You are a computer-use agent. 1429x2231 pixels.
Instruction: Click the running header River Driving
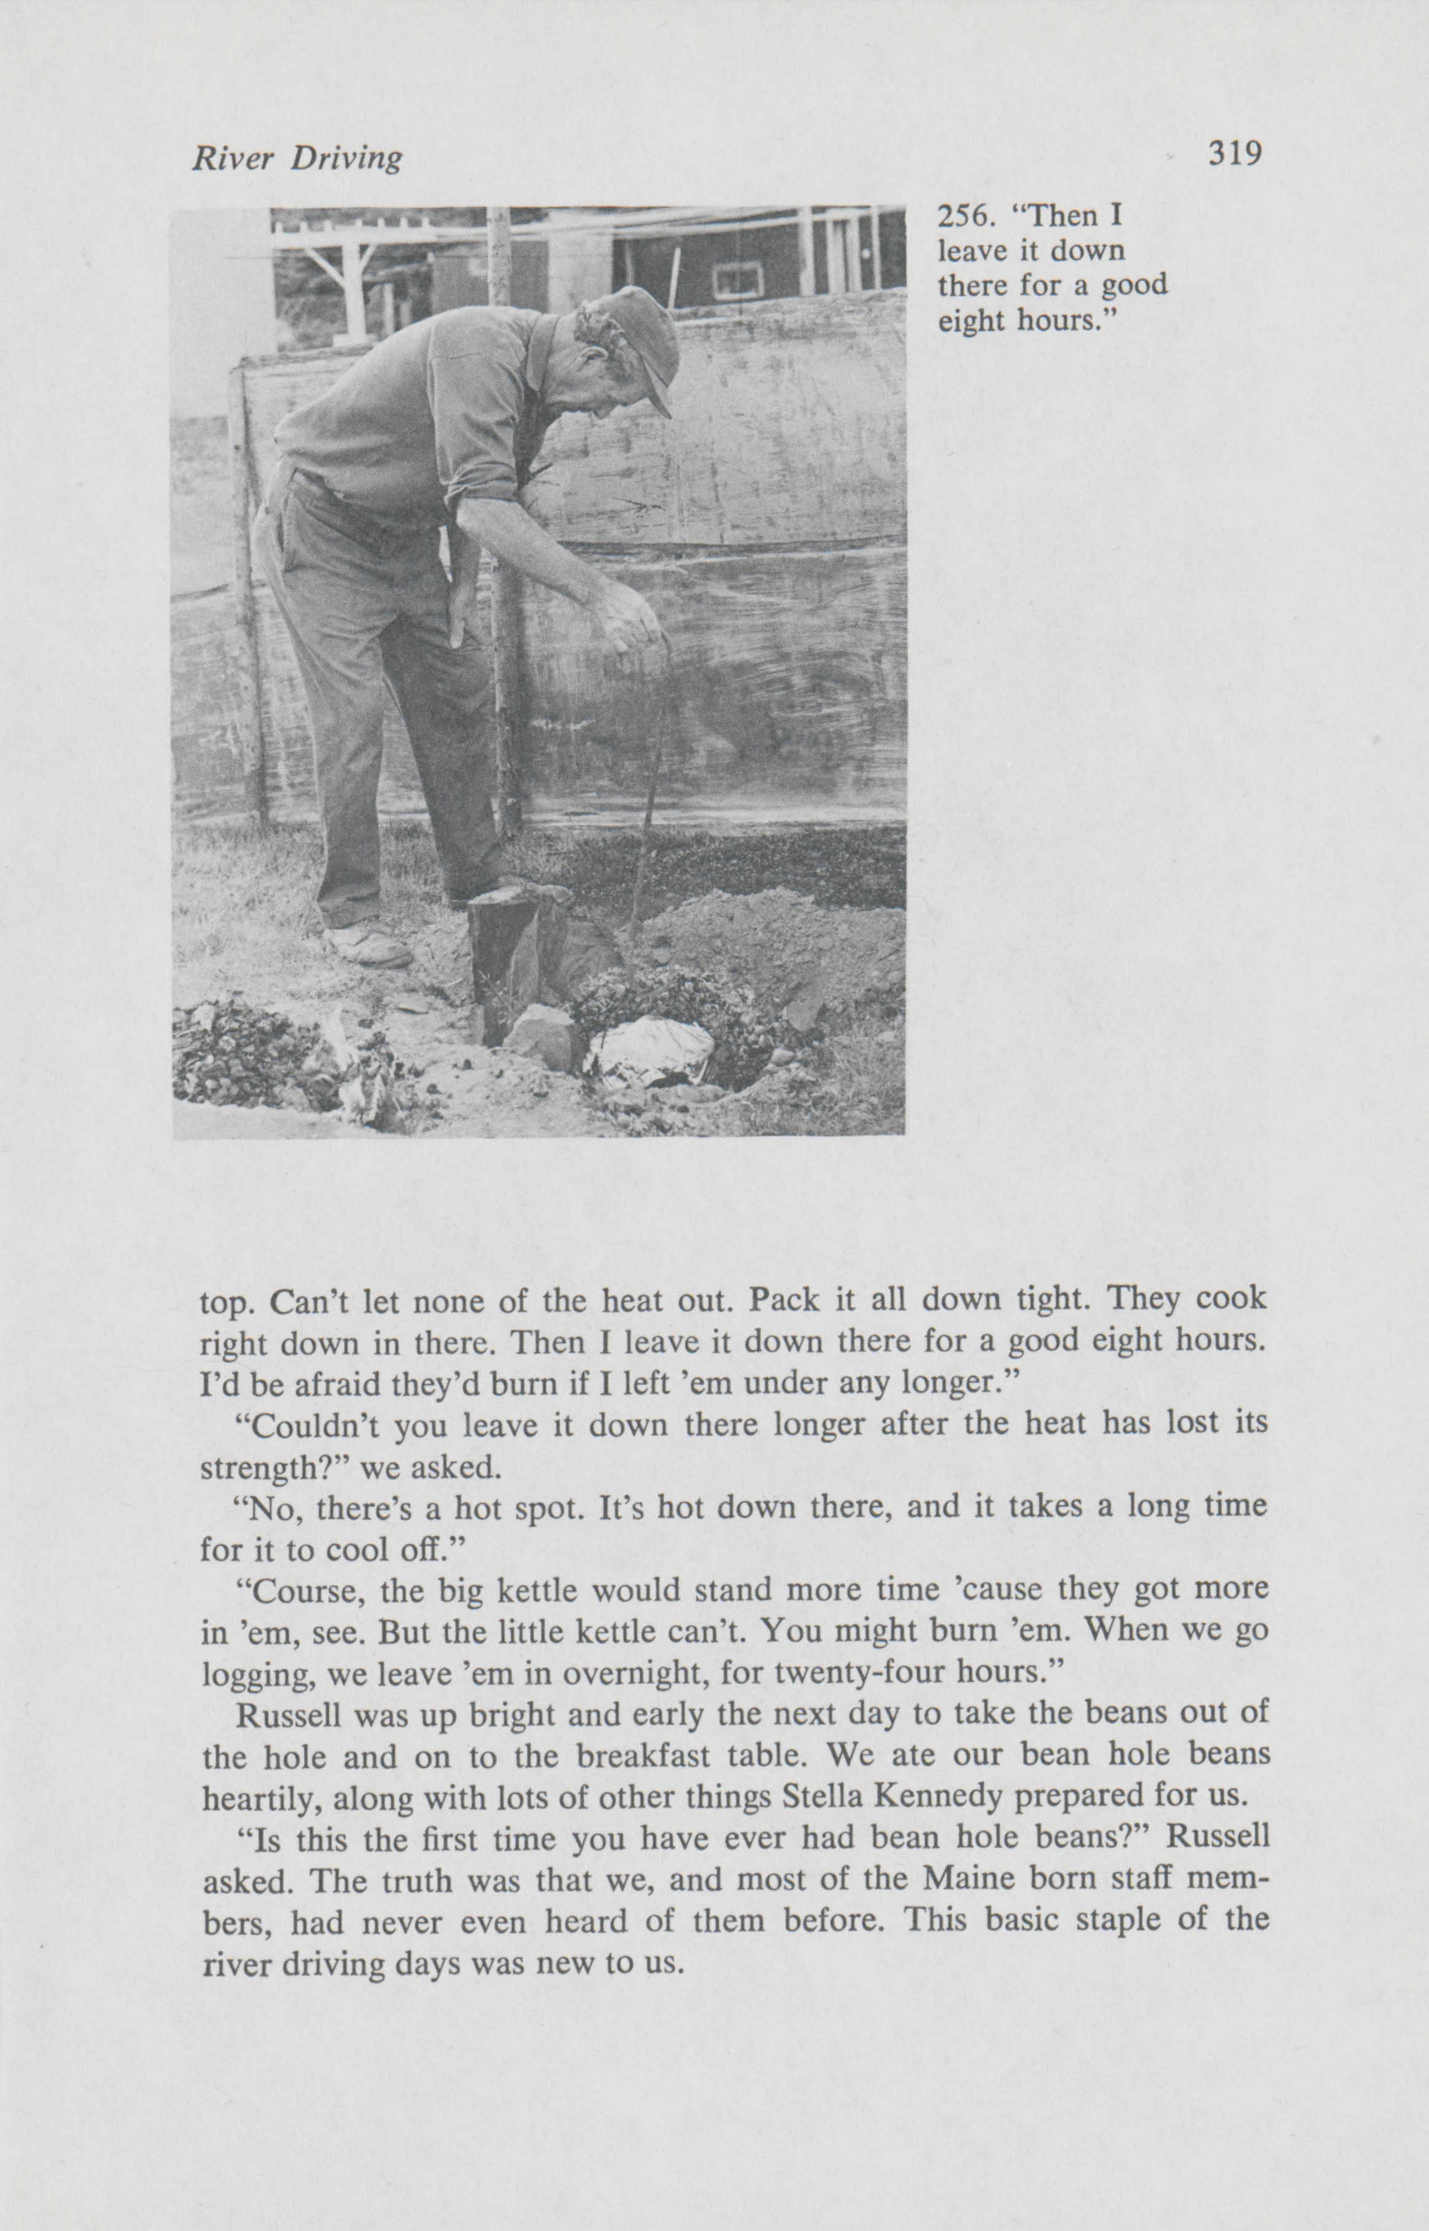pyautogui.click(x=297, y=160)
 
